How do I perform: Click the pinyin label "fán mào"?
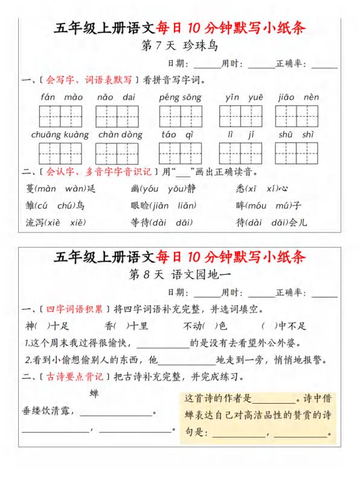click(x=62, y=97)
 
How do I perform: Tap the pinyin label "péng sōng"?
click(x=181, y=97)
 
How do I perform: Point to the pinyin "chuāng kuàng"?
click(x=60, y=135)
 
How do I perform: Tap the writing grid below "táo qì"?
click(x=180, y=153)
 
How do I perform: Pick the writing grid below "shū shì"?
click(x=297, y=153)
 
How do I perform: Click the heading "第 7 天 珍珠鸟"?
click(x=179, y=46)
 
